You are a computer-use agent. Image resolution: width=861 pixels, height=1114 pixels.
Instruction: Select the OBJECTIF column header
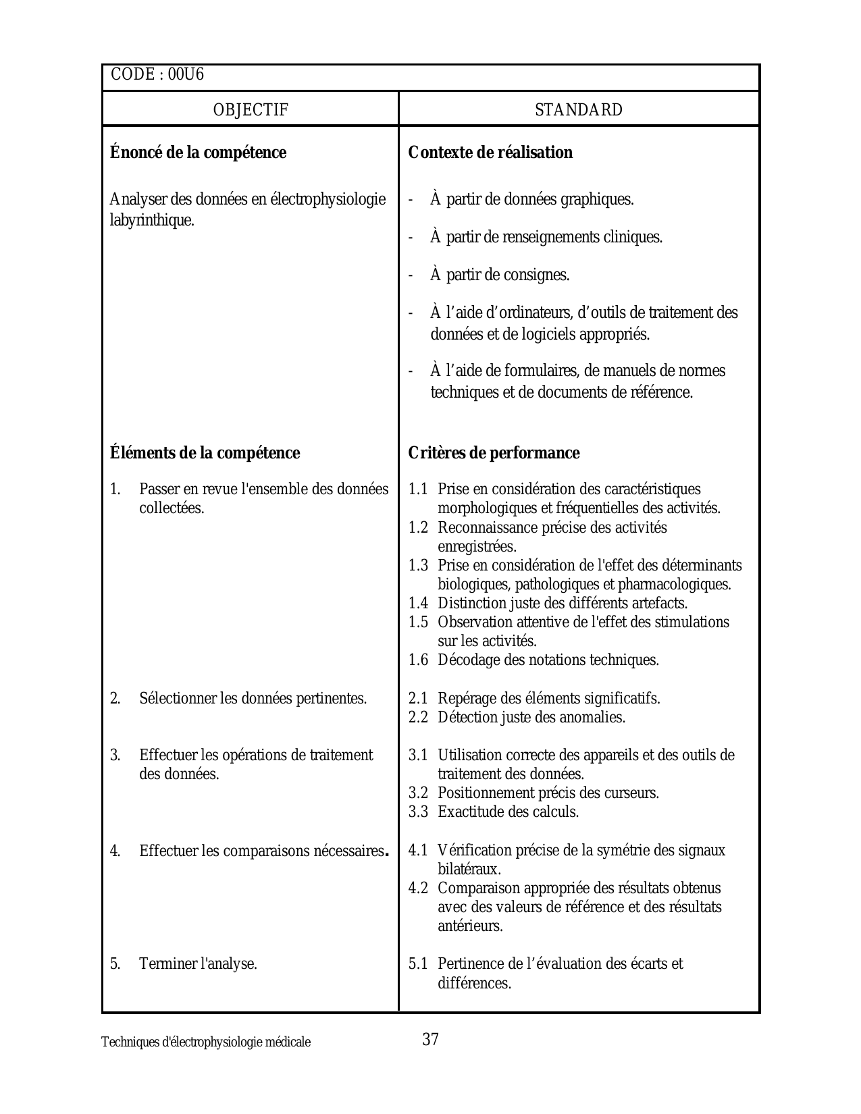click(251, 110)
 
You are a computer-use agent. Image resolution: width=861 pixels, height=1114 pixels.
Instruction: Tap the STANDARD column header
click(579, 110)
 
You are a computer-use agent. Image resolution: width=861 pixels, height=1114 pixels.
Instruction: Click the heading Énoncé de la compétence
click(198, 153)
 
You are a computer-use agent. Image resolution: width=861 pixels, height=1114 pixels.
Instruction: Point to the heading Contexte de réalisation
click(490, 153)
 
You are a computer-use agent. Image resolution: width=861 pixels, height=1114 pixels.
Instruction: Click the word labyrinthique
click(151, 221)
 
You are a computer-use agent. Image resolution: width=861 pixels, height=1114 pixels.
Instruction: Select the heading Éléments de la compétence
click(205, 453)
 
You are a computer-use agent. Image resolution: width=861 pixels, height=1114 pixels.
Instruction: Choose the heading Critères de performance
click(494, 453)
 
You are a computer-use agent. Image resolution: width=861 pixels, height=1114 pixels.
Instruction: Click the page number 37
click(431, 1040)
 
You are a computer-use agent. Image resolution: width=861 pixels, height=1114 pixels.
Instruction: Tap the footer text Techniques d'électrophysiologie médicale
click(206, 1042)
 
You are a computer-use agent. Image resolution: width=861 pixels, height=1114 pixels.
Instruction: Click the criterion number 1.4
click(418, 604)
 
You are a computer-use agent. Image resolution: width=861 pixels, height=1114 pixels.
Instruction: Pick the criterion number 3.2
click(418, 793)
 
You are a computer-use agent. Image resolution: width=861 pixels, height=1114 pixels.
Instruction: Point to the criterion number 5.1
click(418, 964)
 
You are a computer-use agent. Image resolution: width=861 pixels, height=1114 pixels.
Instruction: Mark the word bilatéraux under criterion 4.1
click(469, 870)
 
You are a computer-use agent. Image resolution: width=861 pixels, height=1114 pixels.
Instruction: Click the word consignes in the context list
click(537, 275)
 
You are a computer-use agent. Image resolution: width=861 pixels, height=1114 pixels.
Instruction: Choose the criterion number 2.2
click(418, 718)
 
